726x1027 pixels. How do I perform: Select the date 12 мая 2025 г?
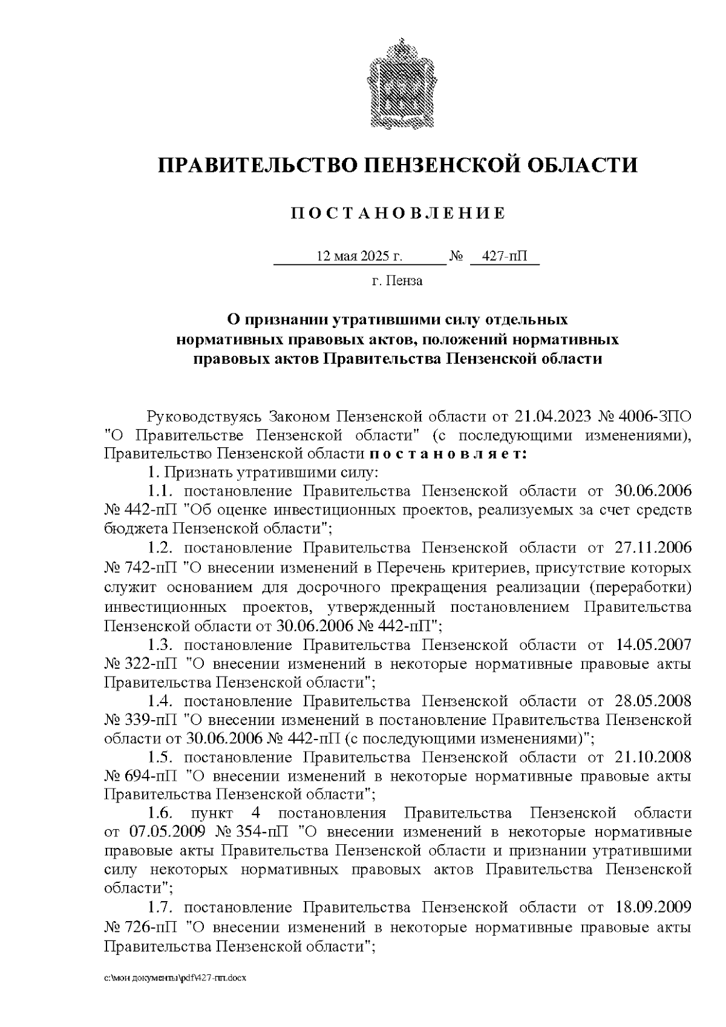[x=359, y=257]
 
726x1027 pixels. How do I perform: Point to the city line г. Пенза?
[x=397, y=281]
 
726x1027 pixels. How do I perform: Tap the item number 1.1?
[x=161, y=491]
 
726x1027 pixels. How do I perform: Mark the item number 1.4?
[x=161, y=701]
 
